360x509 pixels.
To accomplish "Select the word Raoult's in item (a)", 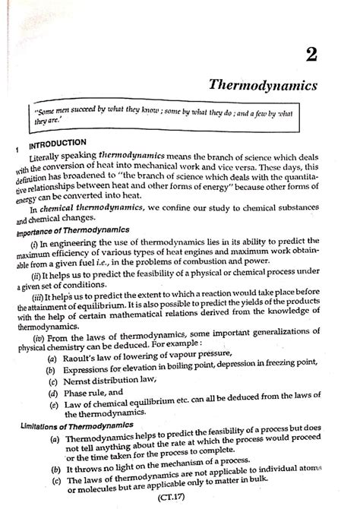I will pyautogui.click(x=77, y=356).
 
